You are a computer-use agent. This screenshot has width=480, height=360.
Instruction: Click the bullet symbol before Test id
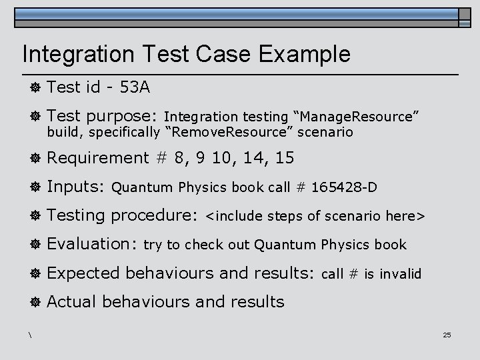click(x=34, y=87)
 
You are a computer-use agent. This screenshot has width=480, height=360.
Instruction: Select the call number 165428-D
click(x=344, y=187)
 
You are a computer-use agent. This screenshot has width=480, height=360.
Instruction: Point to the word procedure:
click(x=155, y=216)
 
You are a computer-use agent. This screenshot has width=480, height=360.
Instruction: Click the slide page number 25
click(x=447, y=335)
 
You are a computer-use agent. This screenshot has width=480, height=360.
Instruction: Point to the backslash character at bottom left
click(x=31, y=334)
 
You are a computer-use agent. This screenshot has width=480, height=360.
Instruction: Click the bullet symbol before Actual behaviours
click(x=34, y=302)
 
